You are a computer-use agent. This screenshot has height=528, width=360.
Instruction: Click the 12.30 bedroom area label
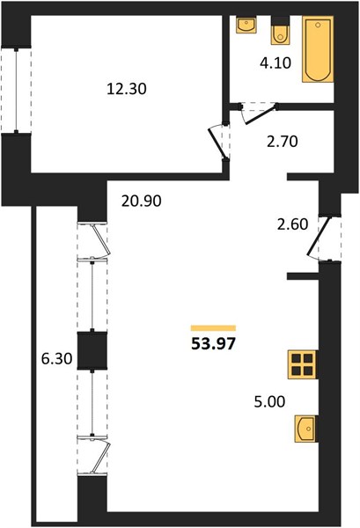[x=126, y=89]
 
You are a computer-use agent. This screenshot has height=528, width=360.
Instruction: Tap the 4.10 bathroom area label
[x=276, y=63]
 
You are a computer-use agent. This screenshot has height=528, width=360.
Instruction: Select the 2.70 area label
[x=283, y=142]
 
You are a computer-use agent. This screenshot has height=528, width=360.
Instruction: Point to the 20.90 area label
[x=141, y=201]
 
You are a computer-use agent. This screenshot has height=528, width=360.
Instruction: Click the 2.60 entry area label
[x=292, y=224]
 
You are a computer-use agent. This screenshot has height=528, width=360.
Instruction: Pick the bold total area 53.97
[x=213, y=344]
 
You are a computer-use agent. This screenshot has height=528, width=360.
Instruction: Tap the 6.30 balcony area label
[x=56, y=359]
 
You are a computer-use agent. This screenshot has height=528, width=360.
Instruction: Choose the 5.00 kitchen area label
[x=269, y=402]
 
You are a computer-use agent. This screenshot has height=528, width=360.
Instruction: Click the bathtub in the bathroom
[x=318, y=49]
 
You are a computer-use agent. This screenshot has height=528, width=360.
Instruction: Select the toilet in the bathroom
[x=280, y=33]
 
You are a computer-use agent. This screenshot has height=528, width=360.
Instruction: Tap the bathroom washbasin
[x=246, y=25]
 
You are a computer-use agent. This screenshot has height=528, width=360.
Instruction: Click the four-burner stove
[x=302, y=364]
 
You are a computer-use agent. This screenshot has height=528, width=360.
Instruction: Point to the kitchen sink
[x=305, y=429]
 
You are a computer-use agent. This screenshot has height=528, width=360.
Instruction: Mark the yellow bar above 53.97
[x=213, y=328]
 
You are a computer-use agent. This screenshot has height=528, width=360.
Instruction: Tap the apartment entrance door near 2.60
[x=319, y=237]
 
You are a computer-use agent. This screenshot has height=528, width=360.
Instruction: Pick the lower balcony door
[x=100, y=455]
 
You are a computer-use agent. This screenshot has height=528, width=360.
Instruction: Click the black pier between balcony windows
[x=92, y=350]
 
